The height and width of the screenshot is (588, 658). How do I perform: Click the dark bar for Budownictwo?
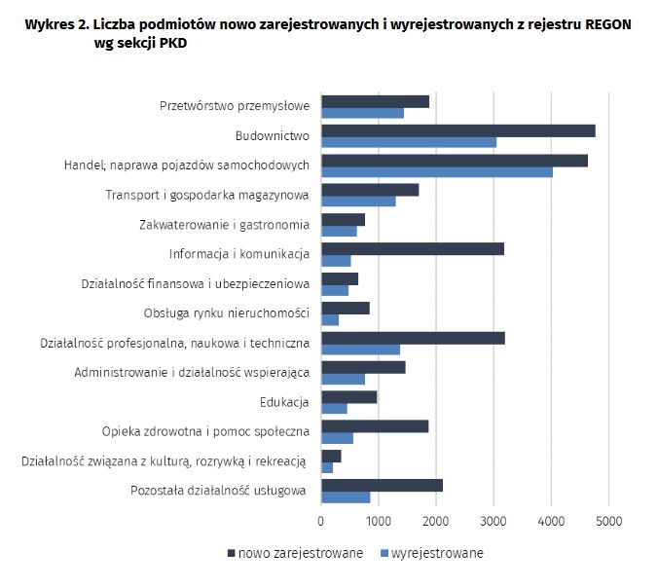(457, 130)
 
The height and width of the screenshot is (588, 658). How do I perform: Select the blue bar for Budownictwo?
(409, 142)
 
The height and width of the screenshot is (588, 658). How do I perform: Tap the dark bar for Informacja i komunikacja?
(413, 249)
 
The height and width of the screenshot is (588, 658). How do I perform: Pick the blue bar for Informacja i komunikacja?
(336, 261)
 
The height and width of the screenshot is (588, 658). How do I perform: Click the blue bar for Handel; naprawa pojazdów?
(437, 172)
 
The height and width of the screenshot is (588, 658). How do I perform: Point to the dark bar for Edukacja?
(348, 396)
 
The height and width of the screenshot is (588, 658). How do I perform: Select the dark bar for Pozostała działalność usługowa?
(382, 485)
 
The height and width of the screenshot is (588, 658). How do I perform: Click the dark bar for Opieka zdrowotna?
(375, 425)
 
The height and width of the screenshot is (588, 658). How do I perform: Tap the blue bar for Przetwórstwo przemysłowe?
(362, 113)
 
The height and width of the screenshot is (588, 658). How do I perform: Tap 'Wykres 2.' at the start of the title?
(55, 24)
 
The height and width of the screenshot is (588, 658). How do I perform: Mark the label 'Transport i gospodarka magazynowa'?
(207, 196)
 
